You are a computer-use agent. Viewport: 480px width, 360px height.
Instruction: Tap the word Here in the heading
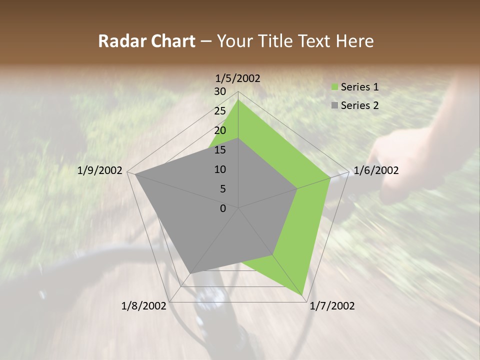point(354,41)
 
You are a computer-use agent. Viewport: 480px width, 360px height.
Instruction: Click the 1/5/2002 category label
point(237,78)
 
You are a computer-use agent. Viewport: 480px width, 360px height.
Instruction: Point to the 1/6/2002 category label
point(376,170)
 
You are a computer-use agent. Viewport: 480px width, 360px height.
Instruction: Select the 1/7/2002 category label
point(332,306)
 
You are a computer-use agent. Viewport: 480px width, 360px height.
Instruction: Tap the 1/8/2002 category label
point(144,306)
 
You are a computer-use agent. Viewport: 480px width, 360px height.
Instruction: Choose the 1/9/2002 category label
point(100,170)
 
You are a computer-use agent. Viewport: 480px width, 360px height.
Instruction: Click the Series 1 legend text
point(359,87)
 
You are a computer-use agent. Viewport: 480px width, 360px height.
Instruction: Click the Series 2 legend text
point(359,105)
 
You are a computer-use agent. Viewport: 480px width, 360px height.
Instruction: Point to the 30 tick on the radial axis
point(220,91)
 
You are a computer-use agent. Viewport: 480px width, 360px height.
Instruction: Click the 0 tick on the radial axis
point(223,208)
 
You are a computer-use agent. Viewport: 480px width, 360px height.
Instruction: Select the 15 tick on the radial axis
point(220,150)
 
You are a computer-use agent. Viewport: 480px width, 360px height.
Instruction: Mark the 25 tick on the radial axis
point(220,111)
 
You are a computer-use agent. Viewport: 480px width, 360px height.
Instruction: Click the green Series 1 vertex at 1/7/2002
point(302,295)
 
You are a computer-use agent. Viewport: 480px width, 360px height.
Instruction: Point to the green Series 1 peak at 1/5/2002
point(238,100)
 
